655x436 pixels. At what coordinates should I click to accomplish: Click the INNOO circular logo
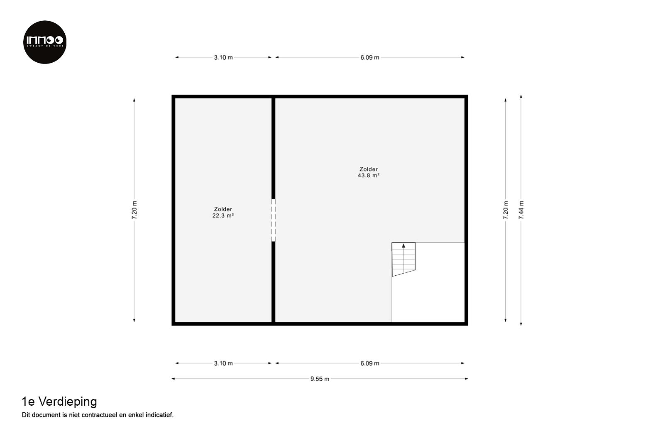coord(45,42)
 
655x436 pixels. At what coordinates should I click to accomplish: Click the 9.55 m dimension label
coord(320,379)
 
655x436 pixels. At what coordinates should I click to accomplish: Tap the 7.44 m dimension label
coord(521,210)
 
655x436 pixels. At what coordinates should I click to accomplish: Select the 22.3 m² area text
coord(223,216)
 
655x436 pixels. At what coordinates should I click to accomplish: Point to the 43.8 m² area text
coord(369,176)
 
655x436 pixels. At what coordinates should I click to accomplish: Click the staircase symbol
coord(403,259)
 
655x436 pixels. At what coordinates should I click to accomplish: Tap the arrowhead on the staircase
coord(403,246)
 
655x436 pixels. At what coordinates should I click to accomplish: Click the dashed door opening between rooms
coord(274,220)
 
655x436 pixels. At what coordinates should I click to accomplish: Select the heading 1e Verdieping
coord(59,402)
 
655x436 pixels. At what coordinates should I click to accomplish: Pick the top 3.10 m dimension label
coord(223,58)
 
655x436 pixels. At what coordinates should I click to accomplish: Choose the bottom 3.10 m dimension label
coord(223,363)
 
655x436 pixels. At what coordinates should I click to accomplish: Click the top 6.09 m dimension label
coord(369,58)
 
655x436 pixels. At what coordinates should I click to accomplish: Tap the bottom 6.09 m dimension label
coord(369,363)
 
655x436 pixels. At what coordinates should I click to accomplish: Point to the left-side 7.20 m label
coord(134,210)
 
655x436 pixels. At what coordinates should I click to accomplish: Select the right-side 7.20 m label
coord(506,210)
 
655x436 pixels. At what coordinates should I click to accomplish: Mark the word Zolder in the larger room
coord(369,169)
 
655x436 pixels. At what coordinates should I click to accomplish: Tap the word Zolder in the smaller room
coord(223,209)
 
